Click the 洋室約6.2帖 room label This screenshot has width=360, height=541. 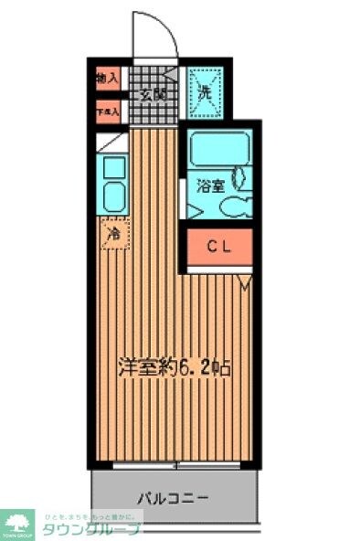pos(172,367)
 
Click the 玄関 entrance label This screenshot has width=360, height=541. pos(153,93)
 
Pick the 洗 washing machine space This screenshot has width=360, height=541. pos(205,92)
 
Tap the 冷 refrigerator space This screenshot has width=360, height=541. pos(113,234)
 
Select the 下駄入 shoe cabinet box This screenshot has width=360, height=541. pos(107,113)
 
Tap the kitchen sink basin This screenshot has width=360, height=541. pos(114,196)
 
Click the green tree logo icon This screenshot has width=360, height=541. pos(16,524)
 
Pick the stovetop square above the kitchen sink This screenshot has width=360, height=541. pos(114,168)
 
